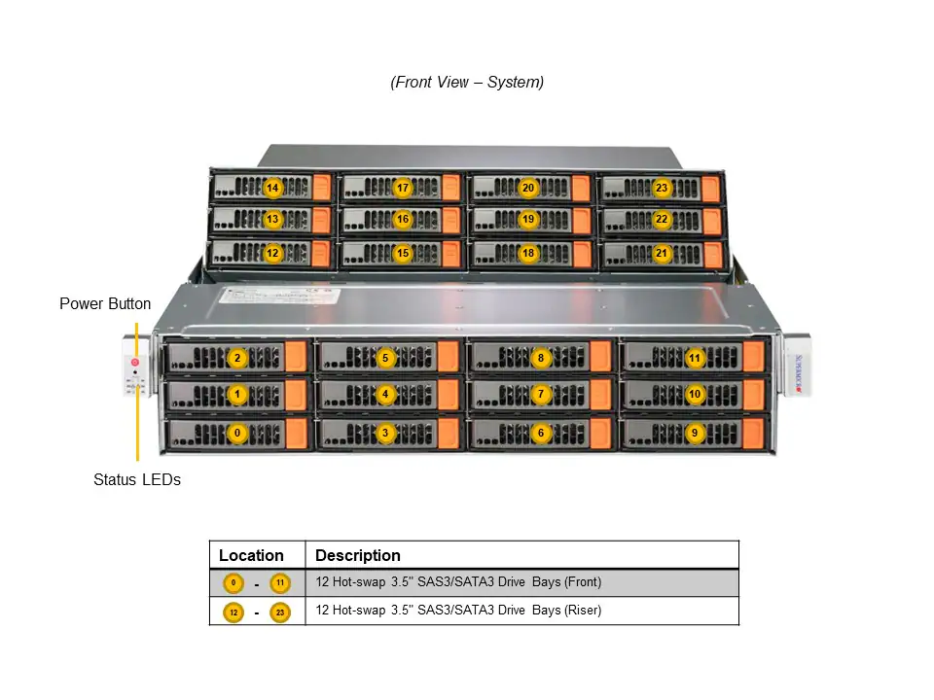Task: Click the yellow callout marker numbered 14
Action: [x=272, y=188]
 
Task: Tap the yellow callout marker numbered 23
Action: [x=662, y=188]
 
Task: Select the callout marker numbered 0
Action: [x=236, y=433]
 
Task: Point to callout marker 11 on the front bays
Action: [x=695, y=358]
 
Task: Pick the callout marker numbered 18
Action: [x=528, y=253]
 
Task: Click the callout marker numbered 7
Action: [x=542, y=395]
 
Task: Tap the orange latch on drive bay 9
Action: [x=753, y=433]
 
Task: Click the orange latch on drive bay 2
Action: [x=297, y=358]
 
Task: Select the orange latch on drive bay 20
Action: [x=581, y=188]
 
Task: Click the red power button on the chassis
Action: [x=135, y=363]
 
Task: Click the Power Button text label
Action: [x=105, y=304]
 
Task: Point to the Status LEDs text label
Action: [x=137, y=479]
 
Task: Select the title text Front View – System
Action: [x=467, y=83]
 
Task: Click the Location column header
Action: [x=251, y=556]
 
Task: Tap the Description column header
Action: [x=358, y=556]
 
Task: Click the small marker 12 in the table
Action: [x=233, y=612]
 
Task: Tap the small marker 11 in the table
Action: [x=280, y=583]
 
